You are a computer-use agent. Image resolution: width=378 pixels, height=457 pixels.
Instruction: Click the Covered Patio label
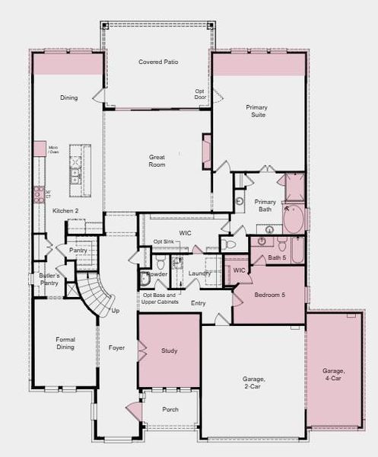[x=158, y=62]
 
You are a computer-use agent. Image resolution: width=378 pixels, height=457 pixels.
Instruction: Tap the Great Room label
[x=157, y=161]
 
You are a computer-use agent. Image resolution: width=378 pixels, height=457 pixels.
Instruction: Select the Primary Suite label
[x=256, y=111]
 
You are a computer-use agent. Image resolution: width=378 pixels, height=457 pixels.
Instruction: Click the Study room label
[x=169, y=351]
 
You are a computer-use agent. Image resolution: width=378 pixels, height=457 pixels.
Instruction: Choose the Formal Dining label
[x=65, y=344]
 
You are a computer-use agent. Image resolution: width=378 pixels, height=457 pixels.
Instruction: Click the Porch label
[x=171, y=409]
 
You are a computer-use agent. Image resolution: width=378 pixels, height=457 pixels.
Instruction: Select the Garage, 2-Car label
[x=253, y=382]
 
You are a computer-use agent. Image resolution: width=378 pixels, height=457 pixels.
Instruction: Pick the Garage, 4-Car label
[x=335, y=375]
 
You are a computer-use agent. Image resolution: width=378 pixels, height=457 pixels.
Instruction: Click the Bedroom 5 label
[x=269, y=295]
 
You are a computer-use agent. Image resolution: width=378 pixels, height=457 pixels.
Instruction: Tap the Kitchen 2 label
[x=65, y=210]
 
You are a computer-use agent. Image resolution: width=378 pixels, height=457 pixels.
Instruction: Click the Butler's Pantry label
[x=49, y=279]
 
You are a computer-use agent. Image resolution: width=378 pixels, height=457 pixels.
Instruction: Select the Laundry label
[x=199, y=273]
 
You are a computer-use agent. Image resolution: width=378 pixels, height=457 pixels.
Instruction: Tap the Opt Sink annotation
[x=164, y=241]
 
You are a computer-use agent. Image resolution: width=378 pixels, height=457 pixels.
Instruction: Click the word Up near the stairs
[x=115, y=311]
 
